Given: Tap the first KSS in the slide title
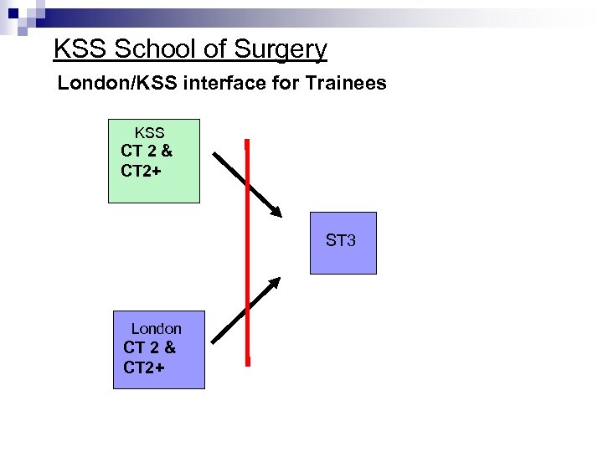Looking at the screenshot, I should pyautogui.click(x=80, y=50).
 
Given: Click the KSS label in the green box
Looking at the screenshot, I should pyautogui.click(x=149, y=133).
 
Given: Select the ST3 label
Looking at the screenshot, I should pyautogui.click(x=341, y=241).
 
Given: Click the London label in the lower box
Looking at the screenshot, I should pyautogui.click(x=156, y=329).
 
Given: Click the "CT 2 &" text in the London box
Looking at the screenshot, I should pyautogui.click(x=149, y=347).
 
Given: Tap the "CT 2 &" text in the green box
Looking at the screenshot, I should pyautogui.click(x=147, y=152).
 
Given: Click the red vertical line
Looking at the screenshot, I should pyautogui.click(x=247, y=251).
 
